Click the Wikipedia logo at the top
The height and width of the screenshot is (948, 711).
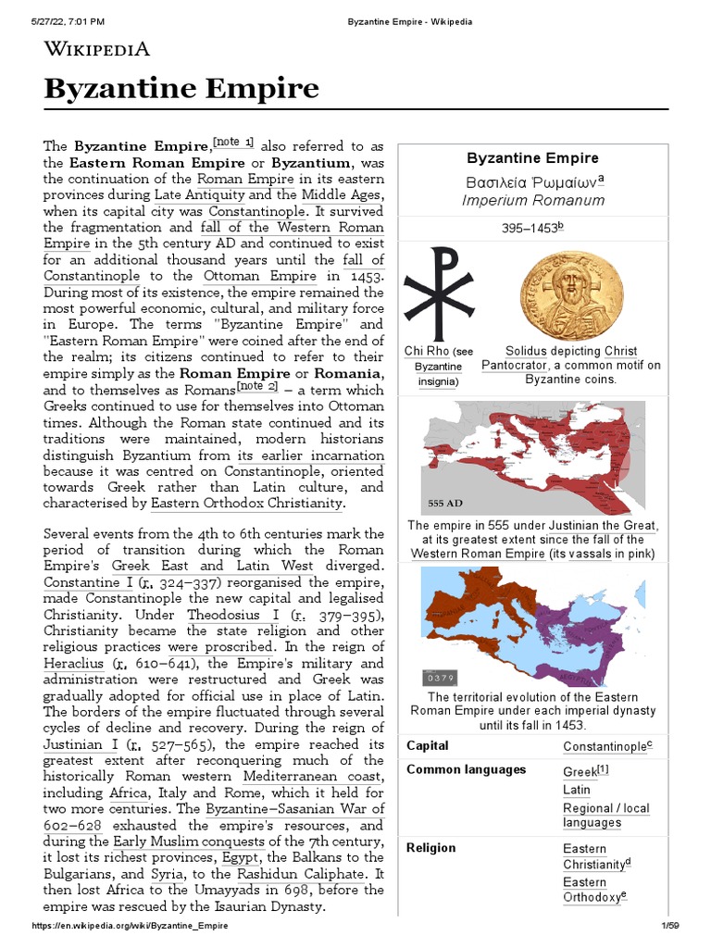coord(97,49)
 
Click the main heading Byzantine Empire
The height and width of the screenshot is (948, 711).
coord(181,89)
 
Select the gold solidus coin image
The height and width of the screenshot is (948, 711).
coord(571,293)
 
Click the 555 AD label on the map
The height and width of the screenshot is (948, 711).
coord(444,504)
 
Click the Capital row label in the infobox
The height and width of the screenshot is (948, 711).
coord(428,745)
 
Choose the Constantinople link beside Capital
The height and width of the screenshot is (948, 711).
coord(607,746)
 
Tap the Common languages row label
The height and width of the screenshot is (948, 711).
coord(466,769)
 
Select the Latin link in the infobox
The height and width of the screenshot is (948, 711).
coord(577,790)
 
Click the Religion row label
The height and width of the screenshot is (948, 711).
coord(430,847)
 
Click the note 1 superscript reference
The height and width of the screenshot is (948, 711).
coord(233,142)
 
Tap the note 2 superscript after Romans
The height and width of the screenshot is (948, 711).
coord(258,386)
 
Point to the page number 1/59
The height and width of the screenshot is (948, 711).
coord(668,926)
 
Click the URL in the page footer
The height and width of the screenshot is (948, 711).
coord(130,926)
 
